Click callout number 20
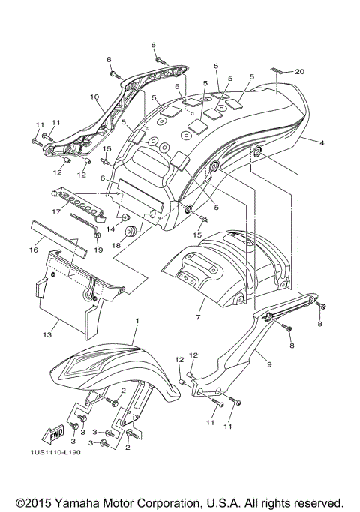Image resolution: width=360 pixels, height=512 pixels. click(300, 72)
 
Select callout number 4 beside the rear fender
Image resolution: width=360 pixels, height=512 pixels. click(322, 142)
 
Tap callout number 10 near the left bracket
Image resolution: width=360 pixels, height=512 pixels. click(95, 97)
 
